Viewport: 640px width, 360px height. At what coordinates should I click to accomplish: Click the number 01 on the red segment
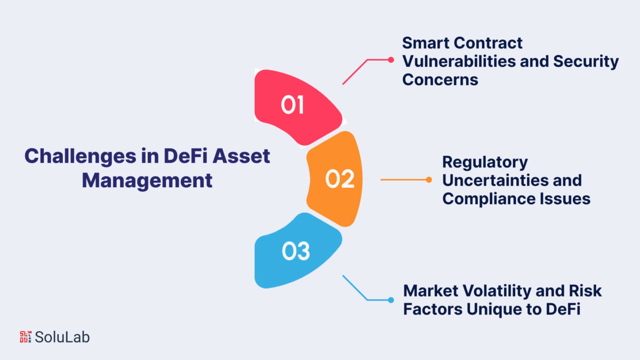[292, 105]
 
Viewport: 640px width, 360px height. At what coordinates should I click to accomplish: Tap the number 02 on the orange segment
[340, 179]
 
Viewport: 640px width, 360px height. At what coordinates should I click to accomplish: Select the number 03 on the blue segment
[295, 251]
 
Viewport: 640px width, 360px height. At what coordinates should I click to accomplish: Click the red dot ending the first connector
[391, 60]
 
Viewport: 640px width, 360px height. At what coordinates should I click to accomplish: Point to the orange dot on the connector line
[429, 180]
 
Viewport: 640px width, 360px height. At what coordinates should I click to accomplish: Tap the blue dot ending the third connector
[391, 300]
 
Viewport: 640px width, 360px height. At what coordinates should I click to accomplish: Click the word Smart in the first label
[426, 43]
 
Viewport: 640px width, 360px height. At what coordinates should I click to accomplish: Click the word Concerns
[440, 79]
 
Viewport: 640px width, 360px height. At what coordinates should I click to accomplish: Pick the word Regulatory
[485, 163]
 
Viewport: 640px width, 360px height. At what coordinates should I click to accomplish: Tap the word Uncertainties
[495, 180]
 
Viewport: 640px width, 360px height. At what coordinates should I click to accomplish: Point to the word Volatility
[497, 291]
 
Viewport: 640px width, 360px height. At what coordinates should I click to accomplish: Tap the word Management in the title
[147, 181]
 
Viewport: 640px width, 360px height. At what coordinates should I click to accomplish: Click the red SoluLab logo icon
[26, 337]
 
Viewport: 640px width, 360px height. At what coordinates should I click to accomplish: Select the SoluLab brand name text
[62, 337]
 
